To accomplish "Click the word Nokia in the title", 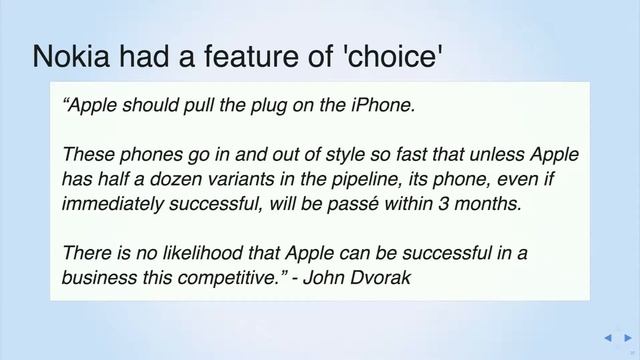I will tap(76, 58).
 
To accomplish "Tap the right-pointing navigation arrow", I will tap(627, 338).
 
